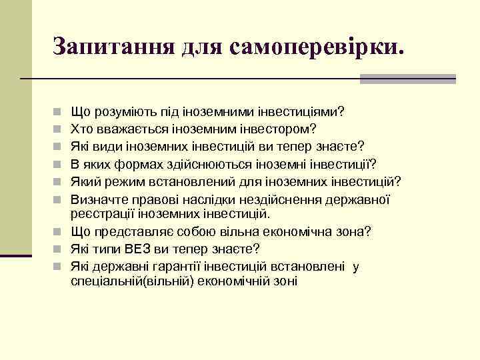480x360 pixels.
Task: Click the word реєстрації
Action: tap(98, 213)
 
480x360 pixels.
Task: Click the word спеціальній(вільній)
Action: tap(127, 281)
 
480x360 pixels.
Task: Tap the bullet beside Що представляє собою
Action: tap(59, 233)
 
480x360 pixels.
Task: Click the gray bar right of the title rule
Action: tap(407, 79)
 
